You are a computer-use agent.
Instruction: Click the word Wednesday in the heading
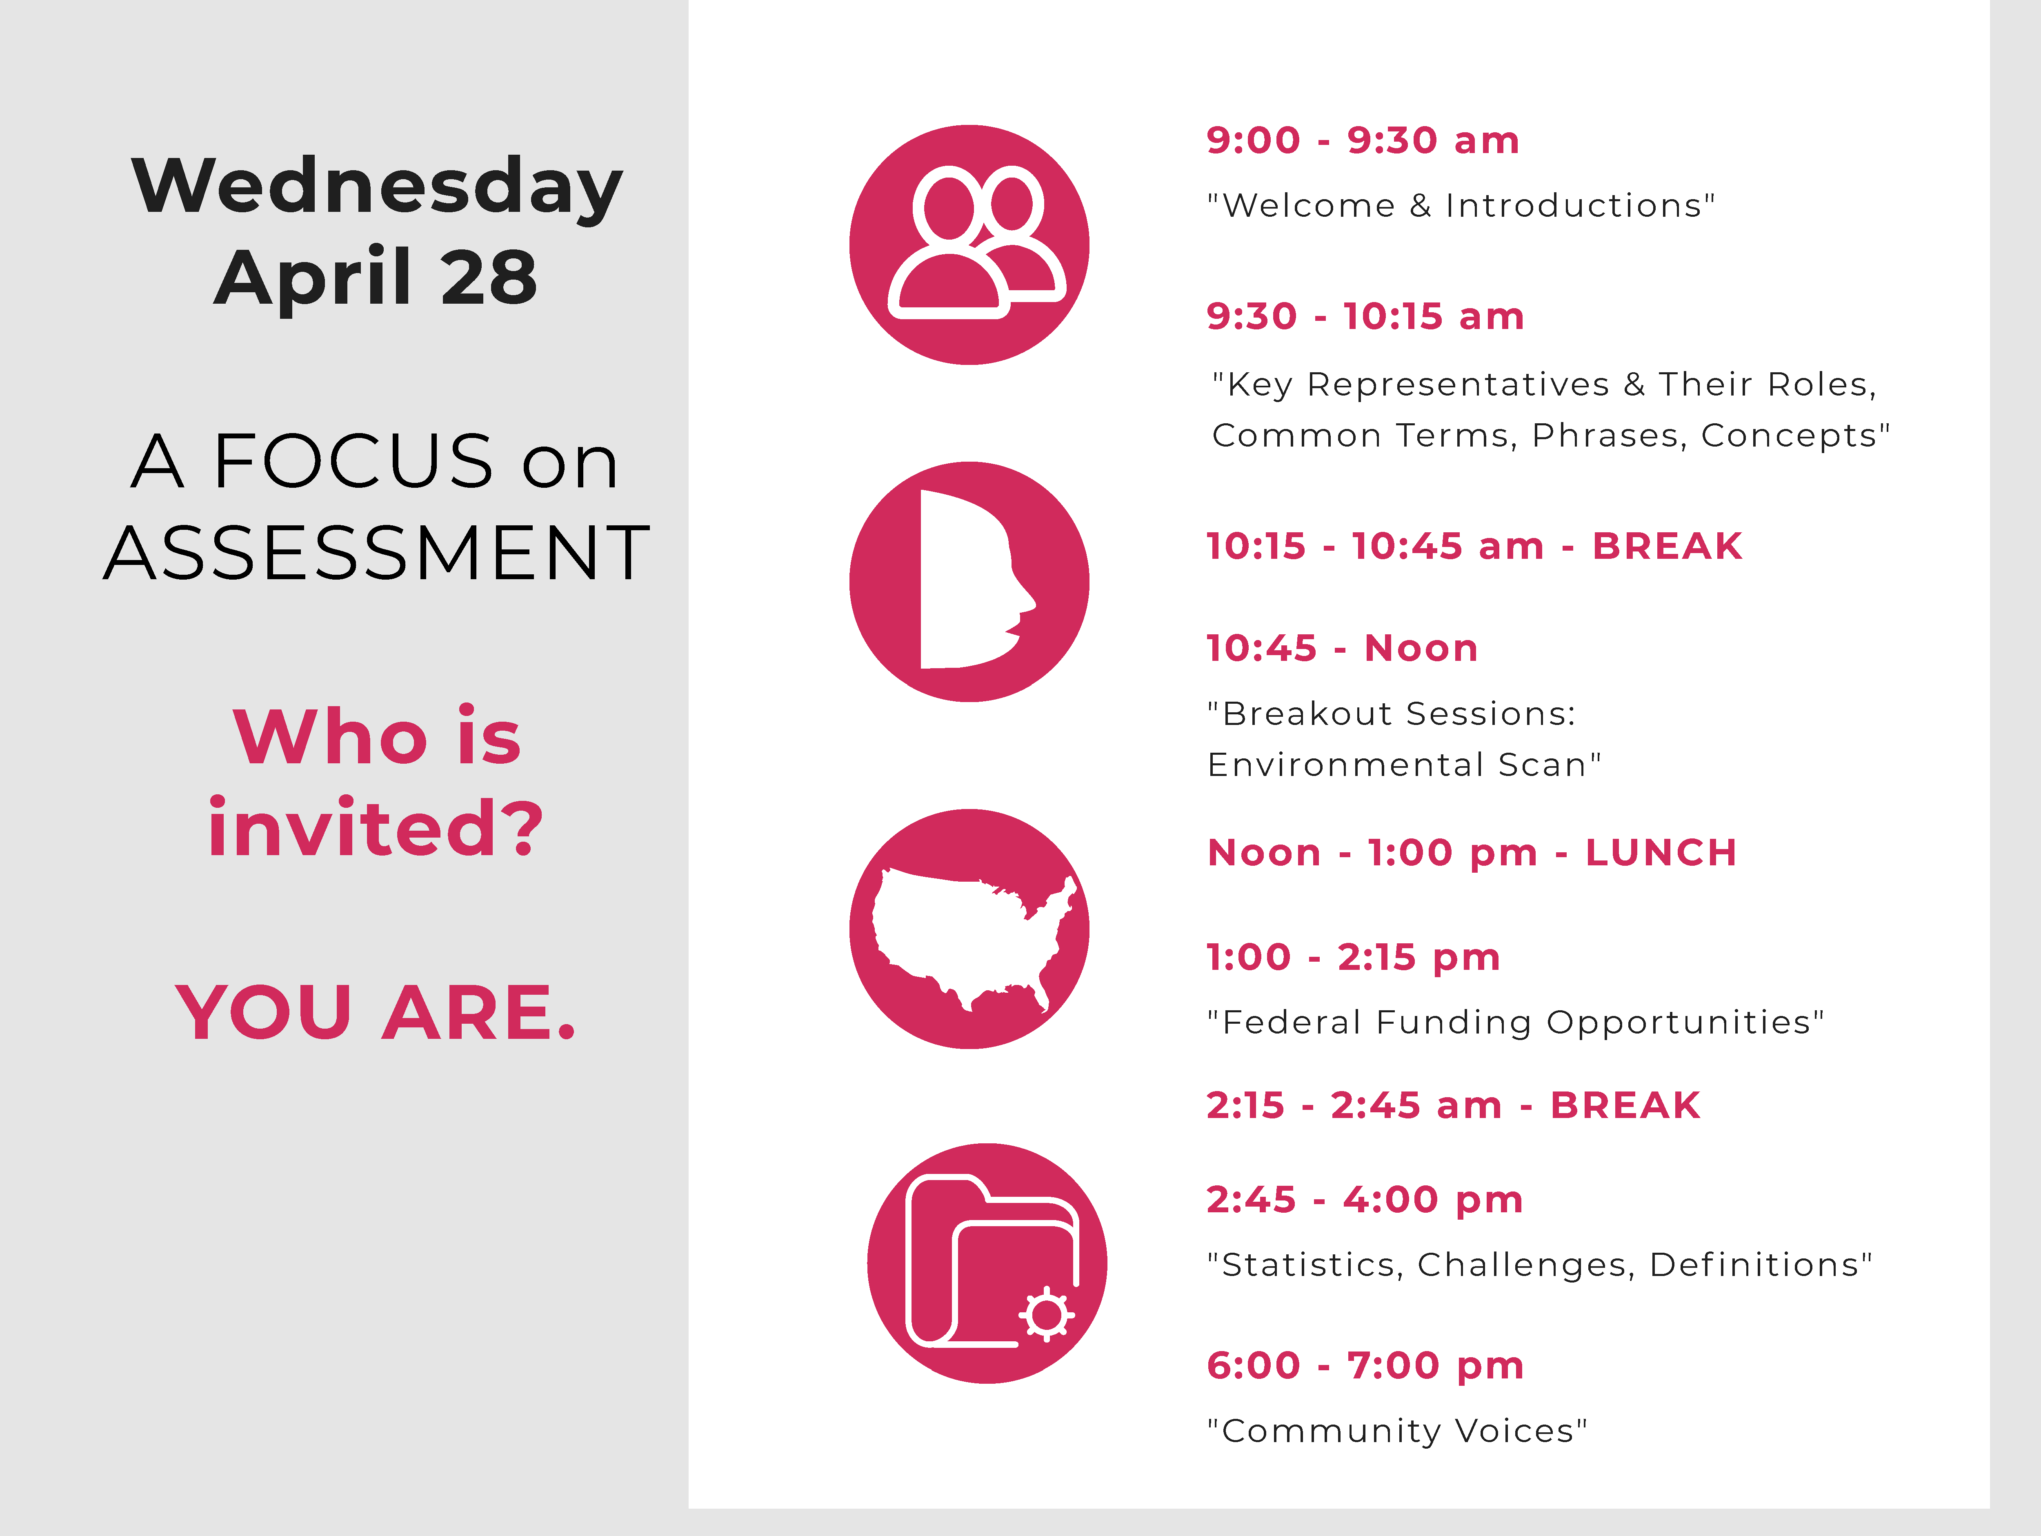[x=376, y=187]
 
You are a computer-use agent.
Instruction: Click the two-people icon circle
[x=969, y=245]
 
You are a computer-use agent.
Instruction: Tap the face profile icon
[x=969, y=581]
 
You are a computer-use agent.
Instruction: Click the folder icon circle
[x=987, y=1263]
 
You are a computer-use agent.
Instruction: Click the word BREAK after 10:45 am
[x=1667, y=546]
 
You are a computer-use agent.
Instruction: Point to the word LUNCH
[x=1661, y=852]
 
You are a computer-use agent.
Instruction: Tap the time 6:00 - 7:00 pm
[x=1365, y=1365]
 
